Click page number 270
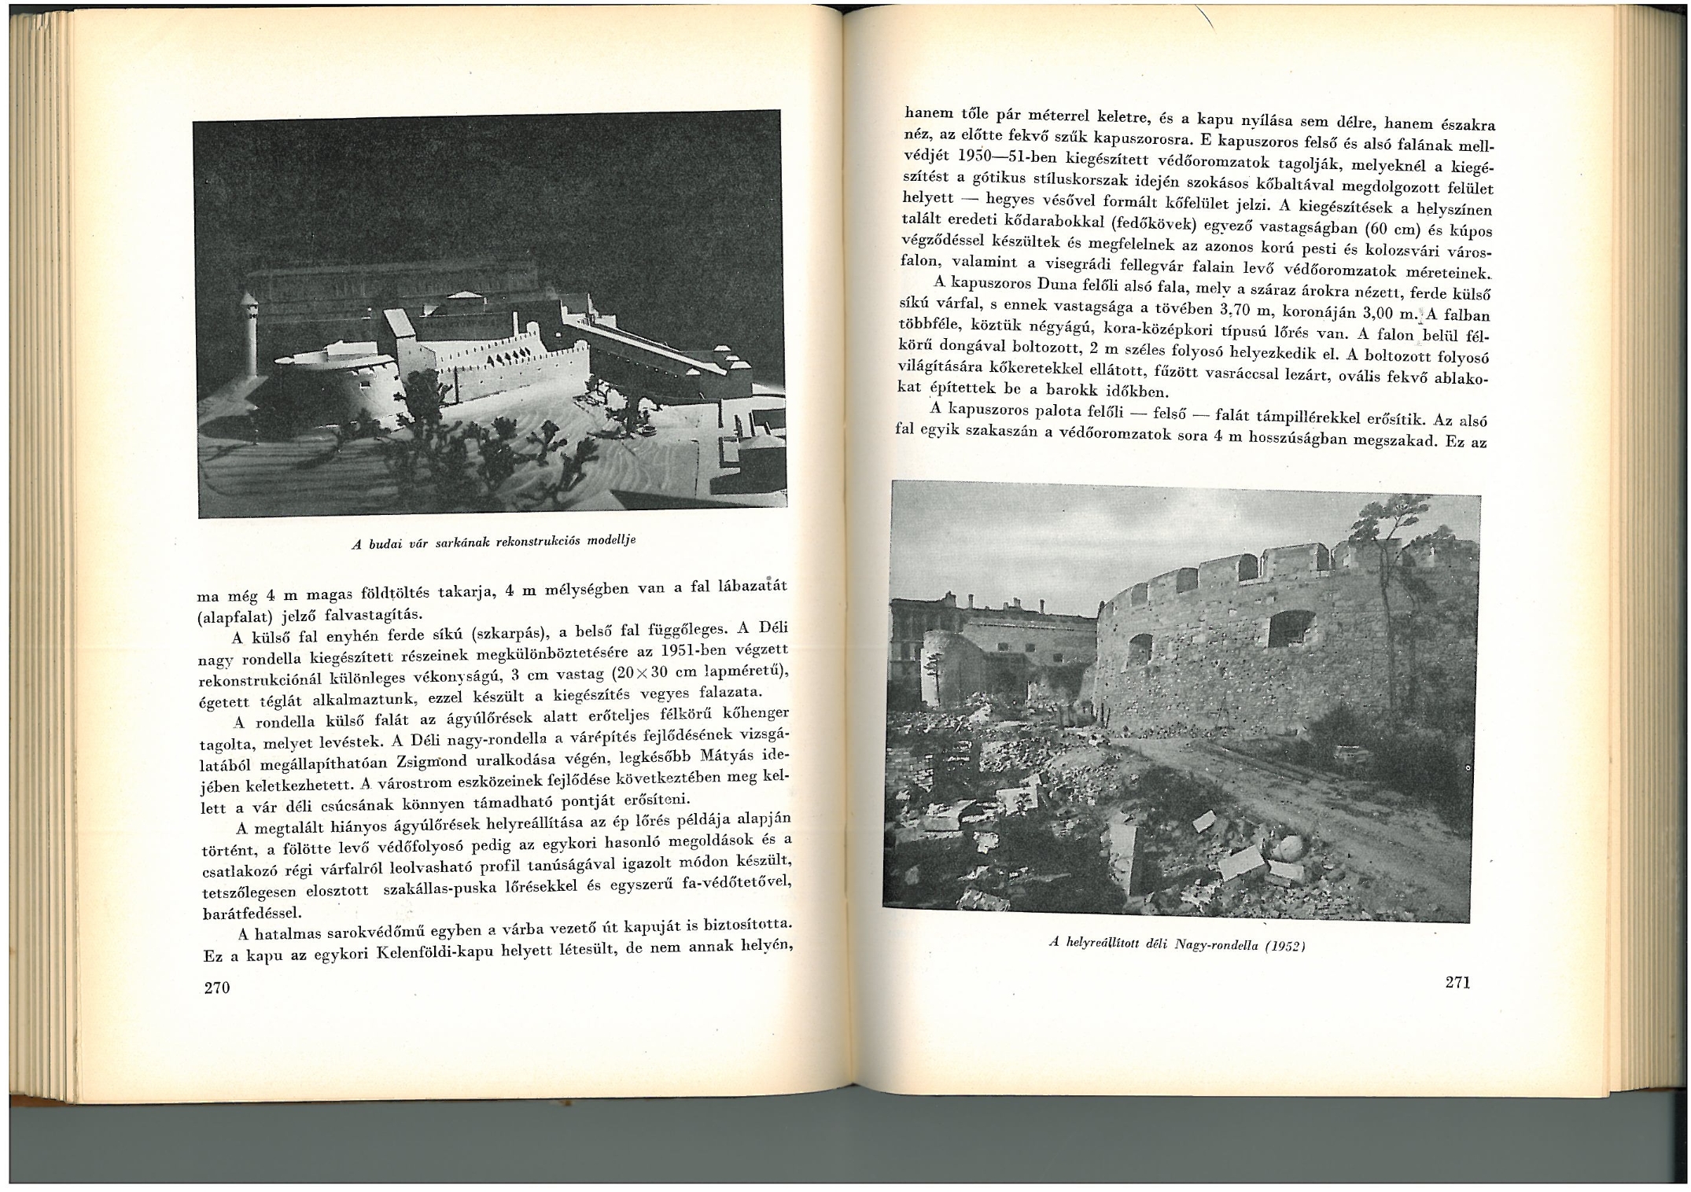[216, 988]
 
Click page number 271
[1457, 982]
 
